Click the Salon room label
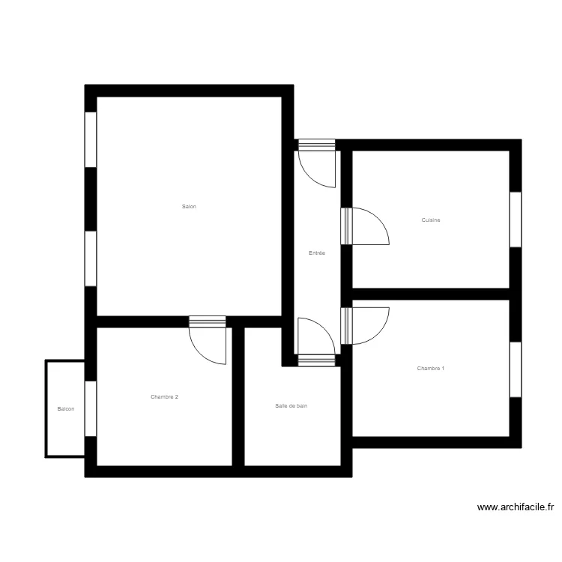(189, 207)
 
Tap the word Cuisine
(430, 220)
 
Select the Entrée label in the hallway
(317, 253)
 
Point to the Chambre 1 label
(430, 369)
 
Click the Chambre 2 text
(164, 396)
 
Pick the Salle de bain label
(291, 405)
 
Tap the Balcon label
(66, 408)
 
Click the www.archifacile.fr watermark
(516, 507)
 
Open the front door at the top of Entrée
(317, 163)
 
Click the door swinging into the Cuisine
(365, 226)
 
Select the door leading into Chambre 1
(365, 326)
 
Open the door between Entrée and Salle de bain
(317, 342)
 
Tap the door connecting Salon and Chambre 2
(208, 340)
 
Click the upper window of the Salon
(91, 139)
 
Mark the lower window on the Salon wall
(91, 259)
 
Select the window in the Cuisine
(516, 220)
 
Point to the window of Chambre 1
(516, 369)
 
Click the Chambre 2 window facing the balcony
(91, 408)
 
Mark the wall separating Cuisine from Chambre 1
(431, 294)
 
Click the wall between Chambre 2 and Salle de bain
(238, 396)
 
